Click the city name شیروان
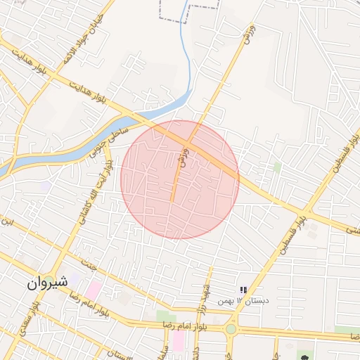[x=47, y=283]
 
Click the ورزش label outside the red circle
[x=247, y=36]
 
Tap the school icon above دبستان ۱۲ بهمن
[x=243, y=290]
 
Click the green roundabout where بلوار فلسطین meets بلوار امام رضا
[x=231, y=328]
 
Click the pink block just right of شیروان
[x=93, y=289]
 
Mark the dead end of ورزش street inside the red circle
[x=172, y=202]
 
